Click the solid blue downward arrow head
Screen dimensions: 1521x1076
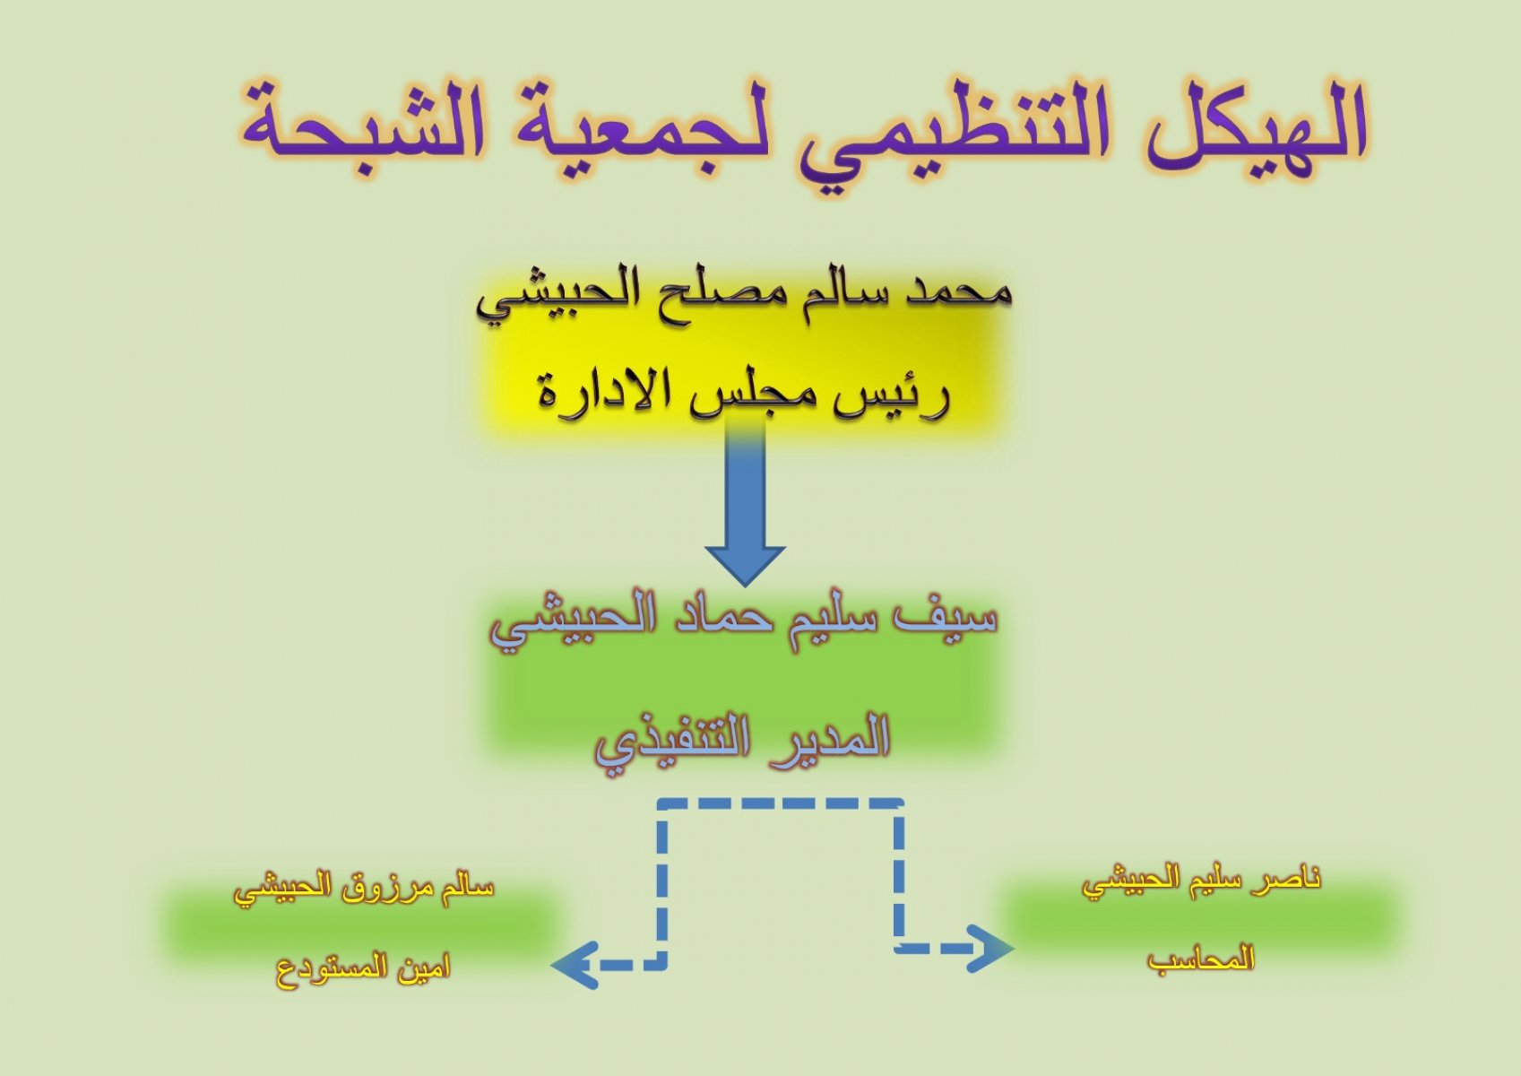(745, 565)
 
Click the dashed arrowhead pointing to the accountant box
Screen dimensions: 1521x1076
(991, 949)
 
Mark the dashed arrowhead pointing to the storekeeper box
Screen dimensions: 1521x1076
(575, 965)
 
